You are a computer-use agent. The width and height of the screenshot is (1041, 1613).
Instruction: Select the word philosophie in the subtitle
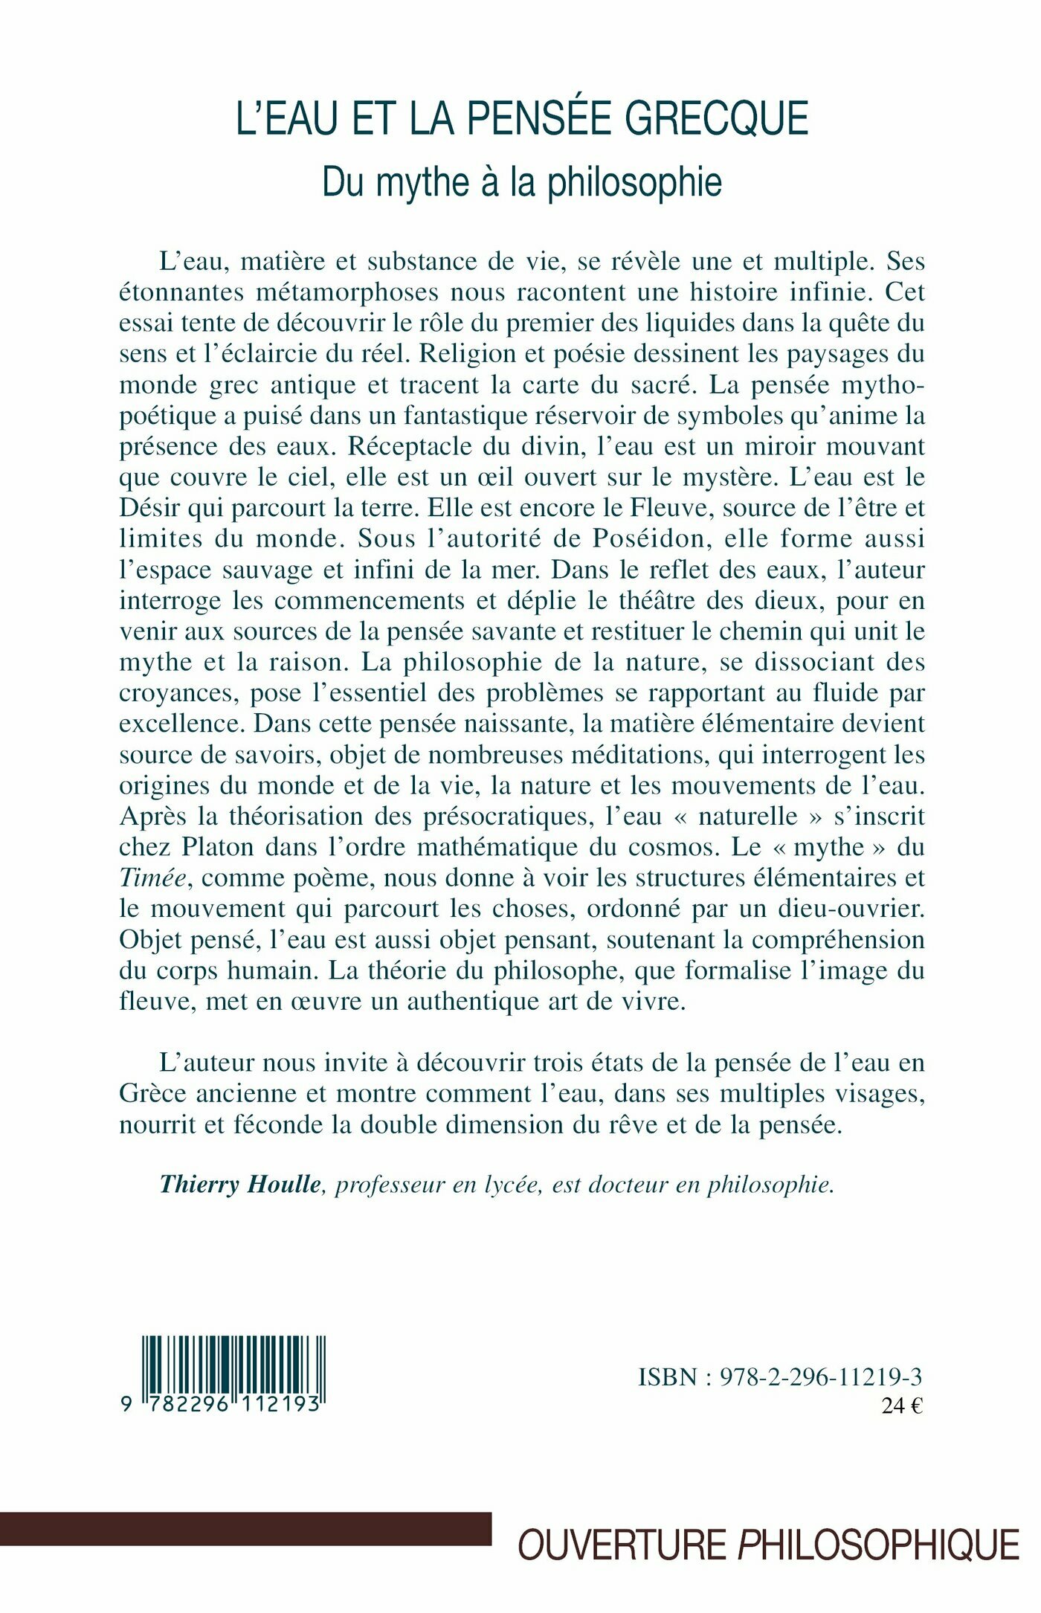635,183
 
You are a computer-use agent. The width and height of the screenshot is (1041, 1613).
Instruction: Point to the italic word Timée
152,878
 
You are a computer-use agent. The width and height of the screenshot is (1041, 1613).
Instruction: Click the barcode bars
234,1365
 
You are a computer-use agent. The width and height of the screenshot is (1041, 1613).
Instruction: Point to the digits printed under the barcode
223,1404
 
